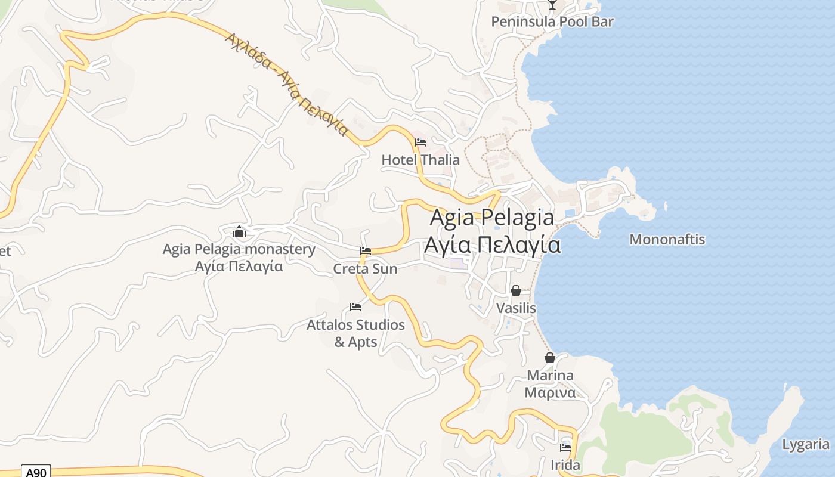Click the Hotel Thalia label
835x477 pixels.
click(x=420, y=160)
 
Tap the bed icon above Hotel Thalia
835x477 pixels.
click(x=420, y=143)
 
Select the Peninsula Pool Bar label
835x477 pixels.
click(x=552, y=22)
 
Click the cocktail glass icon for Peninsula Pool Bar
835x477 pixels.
click(x=552, y=4)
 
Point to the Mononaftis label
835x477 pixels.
click(x=667, y=240)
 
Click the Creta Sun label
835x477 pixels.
click(x=365, y=269)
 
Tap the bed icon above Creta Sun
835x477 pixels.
click(x=366, y=251)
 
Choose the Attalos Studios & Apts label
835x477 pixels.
click(x=355, y=333)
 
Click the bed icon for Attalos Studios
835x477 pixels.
click(x=355, y=307)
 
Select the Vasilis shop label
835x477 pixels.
click(x=516, y=308)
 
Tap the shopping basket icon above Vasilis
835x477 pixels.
click(x=516, y=290)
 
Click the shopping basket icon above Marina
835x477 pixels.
click(x=550, y=358)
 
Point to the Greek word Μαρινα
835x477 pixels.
click(x=550, y=393)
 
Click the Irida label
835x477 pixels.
click(x=565, y=465)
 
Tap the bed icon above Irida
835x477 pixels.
click(x=565, y=447)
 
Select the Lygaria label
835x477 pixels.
click(x=805, y=444)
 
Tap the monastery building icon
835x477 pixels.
click(x=239, y=231)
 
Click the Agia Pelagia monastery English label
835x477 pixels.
click(x=239, y=249)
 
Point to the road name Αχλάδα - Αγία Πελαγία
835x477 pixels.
click(x=286, y=83)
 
